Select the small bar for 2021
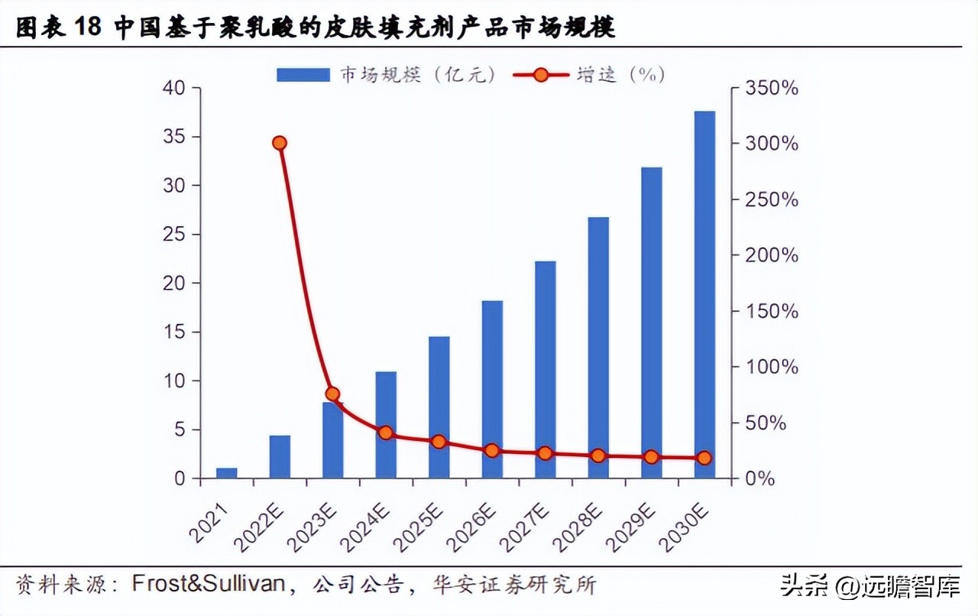coord(227,473)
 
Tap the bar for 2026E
coord(492,389)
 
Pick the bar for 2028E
coord(598,348)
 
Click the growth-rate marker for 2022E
coord(280,143)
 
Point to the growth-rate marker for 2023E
coord(332,394)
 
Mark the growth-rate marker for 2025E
coord(439,442)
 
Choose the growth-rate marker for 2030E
coord(704,459)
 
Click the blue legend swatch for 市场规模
coord(303,74)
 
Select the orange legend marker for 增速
coord(541,74)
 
